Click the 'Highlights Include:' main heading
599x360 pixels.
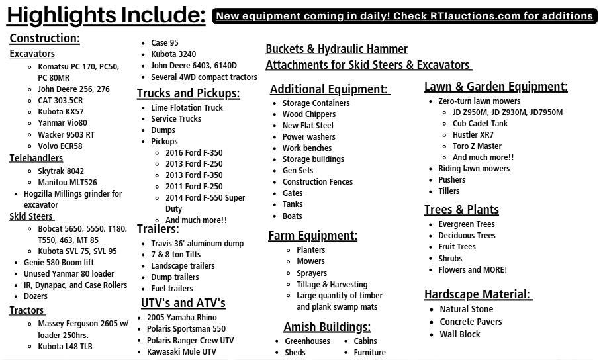coord(106,15)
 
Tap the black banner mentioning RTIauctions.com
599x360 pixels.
coord(404,16)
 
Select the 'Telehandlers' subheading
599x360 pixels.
coord(36,158)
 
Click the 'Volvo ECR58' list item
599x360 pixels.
coord(60,146)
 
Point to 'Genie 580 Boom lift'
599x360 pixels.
coord(59,263)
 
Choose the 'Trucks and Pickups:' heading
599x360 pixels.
coord(188,93)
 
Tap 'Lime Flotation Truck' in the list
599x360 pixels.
coord(187,108)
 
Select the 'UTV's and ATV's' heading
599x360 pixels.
coord(183,303)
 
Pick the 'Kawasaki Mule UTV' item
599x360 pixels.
coord(181,352)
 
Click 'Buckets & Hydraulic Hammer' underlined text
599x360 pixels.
coord(336,49)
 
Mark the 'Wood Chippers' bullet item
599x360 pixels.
coord(309,114)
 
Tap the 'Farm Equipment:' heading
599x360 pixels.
coord(312,236)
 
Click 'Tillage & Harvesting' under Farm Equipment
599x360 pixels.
coord(332,285)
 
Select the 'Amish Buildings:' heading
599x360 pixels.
coord(327,327)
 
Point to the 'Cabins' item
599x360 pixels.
coord(365,341)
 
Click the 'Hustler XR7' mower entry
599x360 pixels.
coord(473,135)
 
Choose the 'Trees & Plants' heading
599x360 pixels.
coord(461,210)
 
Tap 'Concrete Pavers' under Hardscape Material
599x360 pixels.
coord(471,322)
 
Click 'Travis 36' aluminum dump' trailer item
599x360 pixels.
coord(197,244)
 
